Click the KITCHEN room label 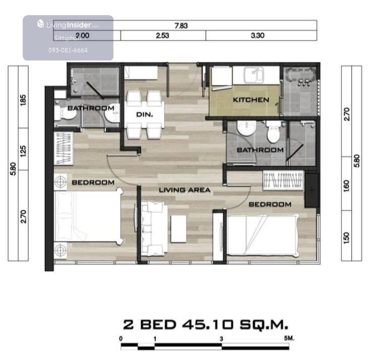(251, 100)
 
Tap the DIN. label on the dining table (145, 114)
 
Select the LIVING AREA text (184, 190)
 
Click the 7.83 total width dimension (181, 26)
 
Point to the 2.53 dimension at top (162, 35)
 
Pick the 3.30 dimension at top (258, 35)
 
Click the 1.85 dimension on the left (23, 100)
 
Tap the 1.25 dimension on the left (23, 151)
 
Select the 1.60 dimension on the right (346, 186)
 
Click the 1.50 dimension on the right (346, 238)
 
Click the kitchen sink (254, 75)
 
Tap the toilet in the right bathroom (273, 132)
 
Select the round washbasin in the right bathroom (246, 128)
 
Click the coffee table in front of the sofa (178, 228)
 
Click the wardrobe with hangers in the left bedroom (64, 148)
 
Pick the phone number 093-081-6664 (68, 50)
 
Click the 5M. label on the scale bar (289, 338)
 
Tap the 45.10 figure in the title (208, 324)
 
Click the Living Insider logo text (69, 25)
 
